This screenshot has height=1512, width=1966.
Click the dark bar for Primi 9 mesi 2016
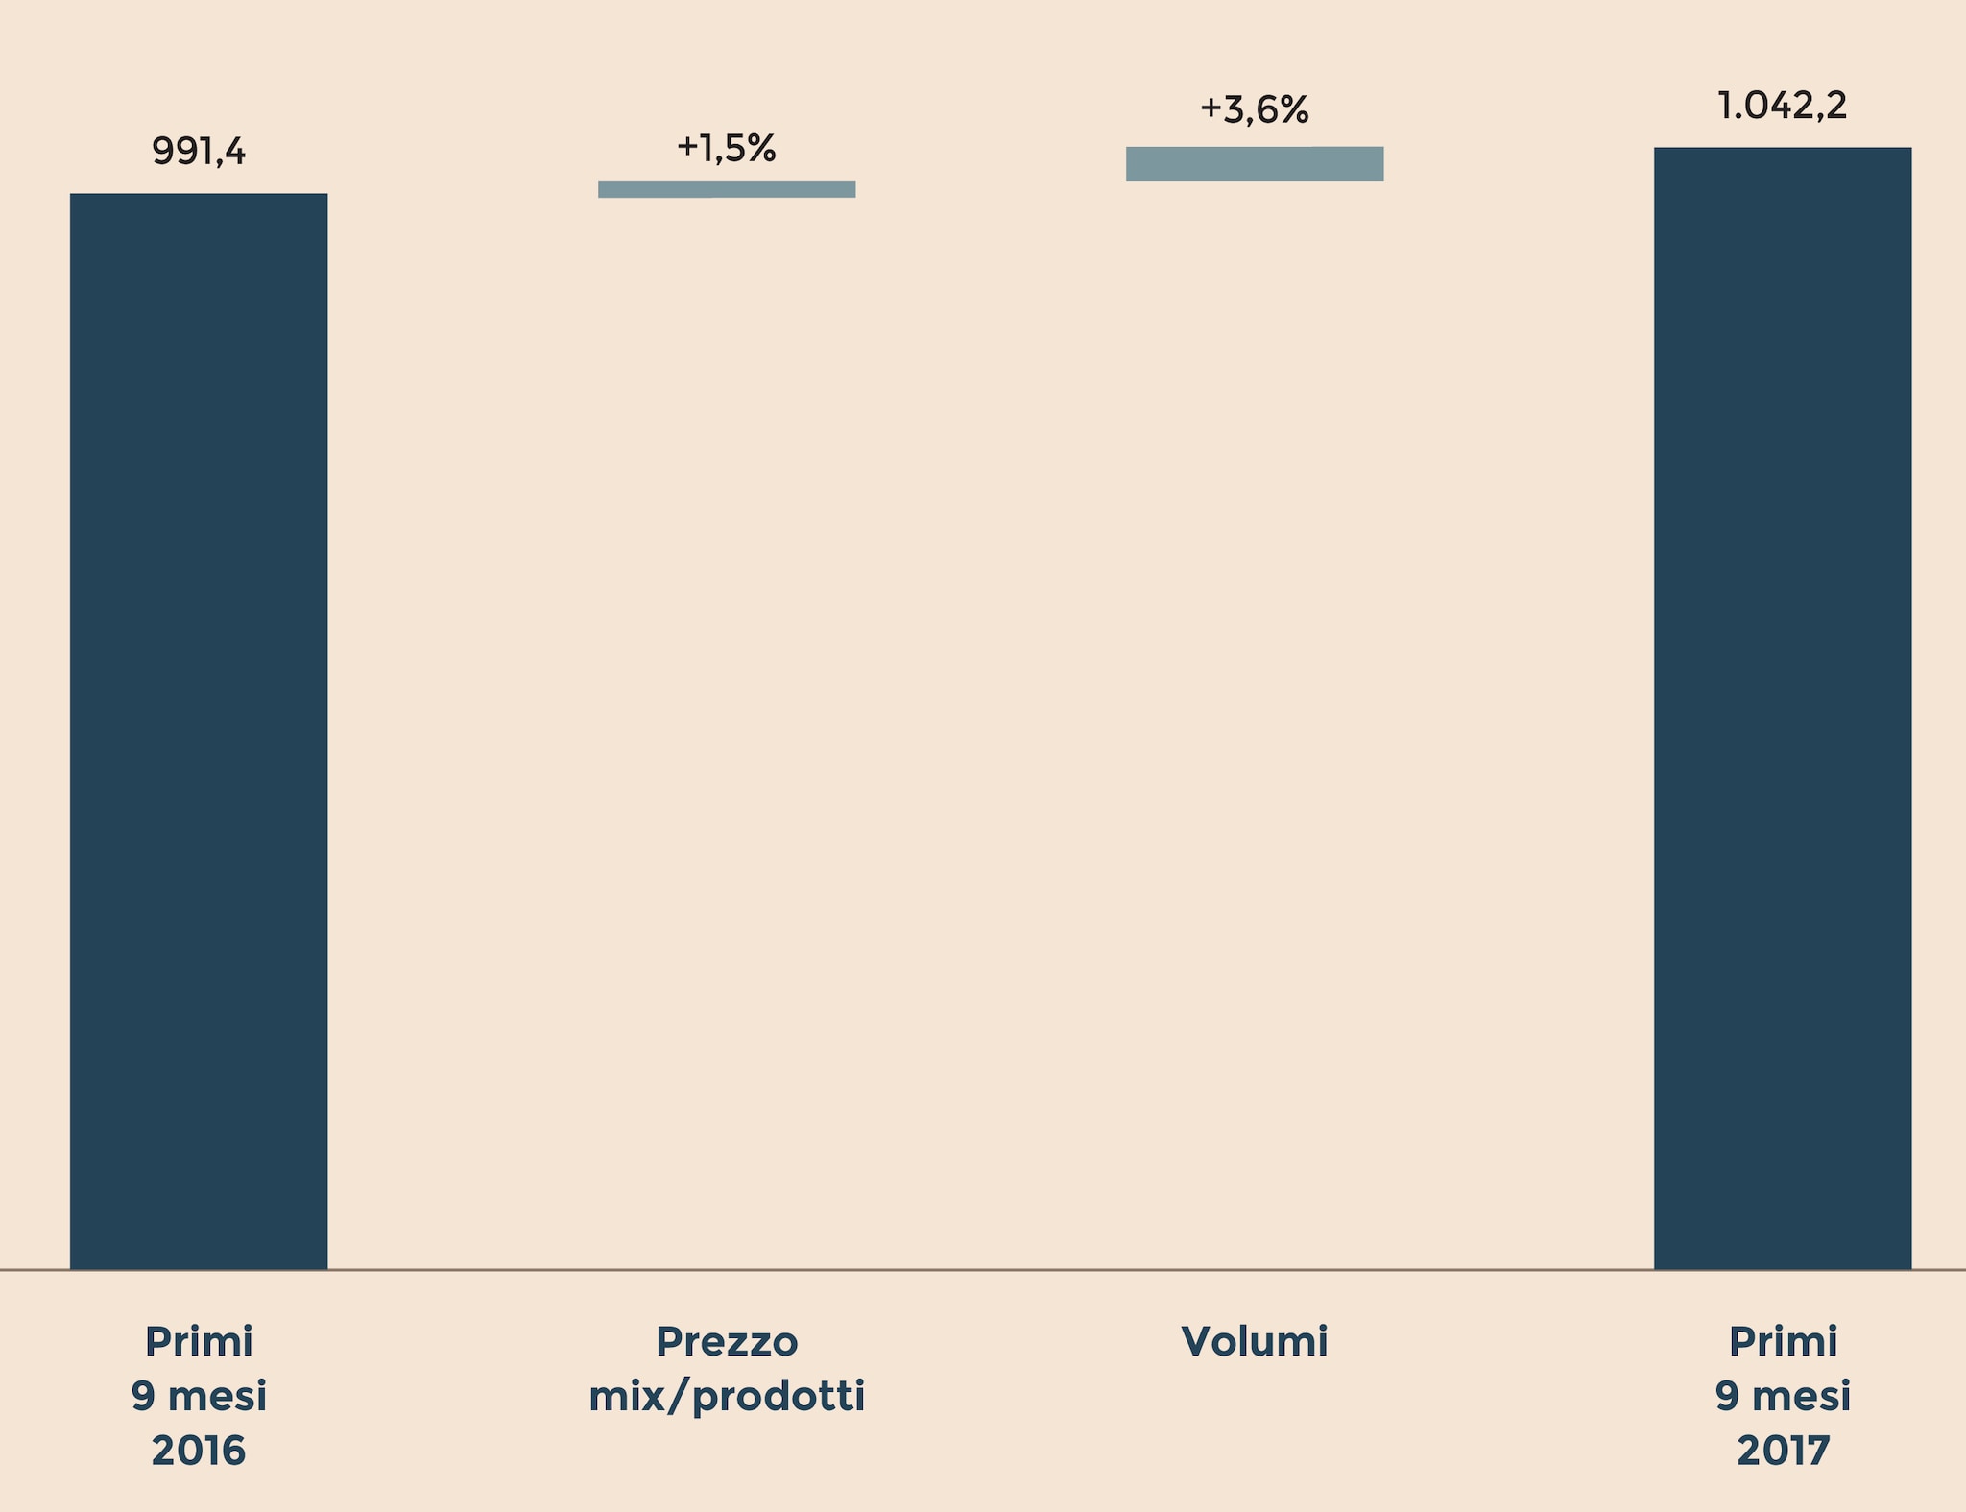[x=199, y=730]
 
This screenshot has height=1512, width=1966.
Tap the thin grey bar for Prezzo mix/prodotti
[x=727, y=190]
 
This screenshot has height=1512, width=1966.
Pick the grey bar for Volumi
[x=1255, y=164]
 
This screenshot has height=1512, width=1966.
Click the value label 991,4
[x=199, y=152]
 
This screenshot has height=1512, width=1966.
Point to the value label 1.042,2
[x=1782, y=106]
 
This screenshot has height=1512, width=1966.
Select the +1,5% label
[x=727, y=148]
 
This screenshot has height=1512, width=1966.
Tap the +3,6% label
[x=1255, y=110]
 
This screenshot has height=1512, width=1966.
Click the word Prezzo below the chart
[x=727, y=1342]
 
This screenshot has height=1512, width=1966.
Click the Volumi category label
[x=1255, y=1342]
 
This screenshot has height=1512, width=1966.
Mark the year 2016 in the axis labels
[x=199, y=1451]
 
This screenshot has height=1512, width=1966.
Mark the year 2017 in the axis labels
[x=1783, y=1451]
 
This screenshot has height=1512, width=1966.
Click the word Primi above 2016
[x=199, y=1342]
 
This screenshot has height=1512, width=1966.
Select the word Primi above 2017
[x=1783, y=1342]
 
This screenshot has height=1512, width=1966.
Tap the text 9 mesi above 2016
[x=199, y=1396]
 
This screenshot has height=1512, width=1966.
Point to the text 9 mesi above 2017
[x=1783, y=1396]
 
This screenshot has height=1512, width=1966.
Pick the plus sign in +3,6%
[x=1211, y=108]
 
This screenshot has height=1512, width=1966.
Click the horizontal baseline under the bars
[x=983, y=1270]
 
